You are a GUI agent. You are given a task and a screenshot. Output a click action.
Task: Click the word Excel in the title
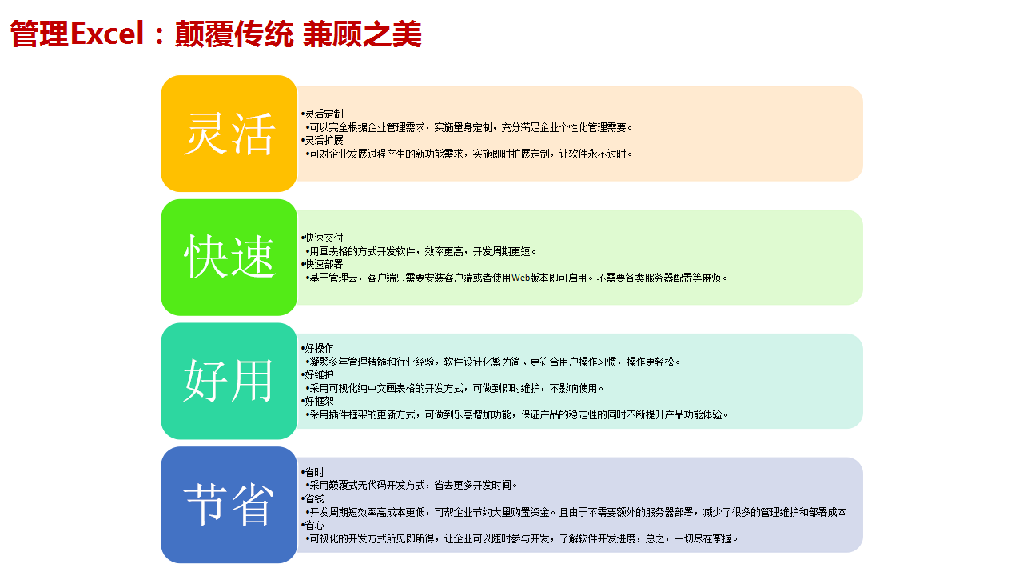(107, 34)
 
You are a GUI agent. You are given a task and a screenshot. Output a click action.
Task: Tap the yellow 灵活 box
(229, 134)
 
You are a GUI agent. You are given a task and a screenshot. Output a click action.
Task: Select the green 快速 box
(229, 258)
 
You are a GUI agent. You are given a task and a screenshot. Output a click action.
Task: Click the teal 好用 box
(229, 382)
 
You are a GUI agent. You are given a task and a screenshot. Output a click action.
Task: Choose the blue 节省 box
(229, 505)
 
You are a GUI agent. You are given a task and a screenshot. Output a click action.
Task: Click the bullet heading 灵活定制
(324, 114)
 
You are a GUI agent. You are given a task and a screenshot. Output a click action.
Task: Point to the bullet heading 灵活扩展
(324, 140)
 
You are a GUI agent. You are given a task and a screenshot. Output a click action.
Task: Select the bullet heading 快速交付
(324, 238)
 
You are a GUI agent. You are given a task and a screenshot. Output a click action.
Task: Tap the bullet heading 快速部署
(324, 264)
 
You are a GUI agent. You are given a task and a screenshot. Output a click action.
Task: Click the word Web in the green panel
(520, 278)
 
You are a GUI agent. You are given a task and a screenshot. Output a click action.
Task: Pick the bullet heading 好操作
(319, 348)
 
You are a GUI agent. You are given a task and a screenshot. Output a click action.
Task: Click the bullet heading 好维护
(319, 375)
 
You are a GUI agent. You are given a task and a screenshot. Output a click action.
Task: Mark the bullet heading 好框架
(319, 402)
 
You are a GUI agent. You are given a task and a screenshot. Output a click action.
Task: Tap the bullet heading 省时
(314, 472)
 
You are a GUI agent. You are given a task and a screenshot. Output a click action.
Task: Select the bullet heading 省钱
(314, 498)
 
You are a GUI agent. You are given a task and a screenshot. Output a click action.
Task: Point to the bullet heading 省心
(314, 526)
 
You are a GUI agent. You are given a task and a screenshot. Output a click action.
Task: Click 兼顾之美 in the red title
(362, 34)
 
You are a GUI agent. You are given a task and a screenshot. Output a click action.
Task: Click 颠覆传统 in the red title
(234, 34)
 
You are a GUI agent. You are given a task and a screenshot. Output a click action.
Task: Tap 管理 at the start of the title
(40, 34)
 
